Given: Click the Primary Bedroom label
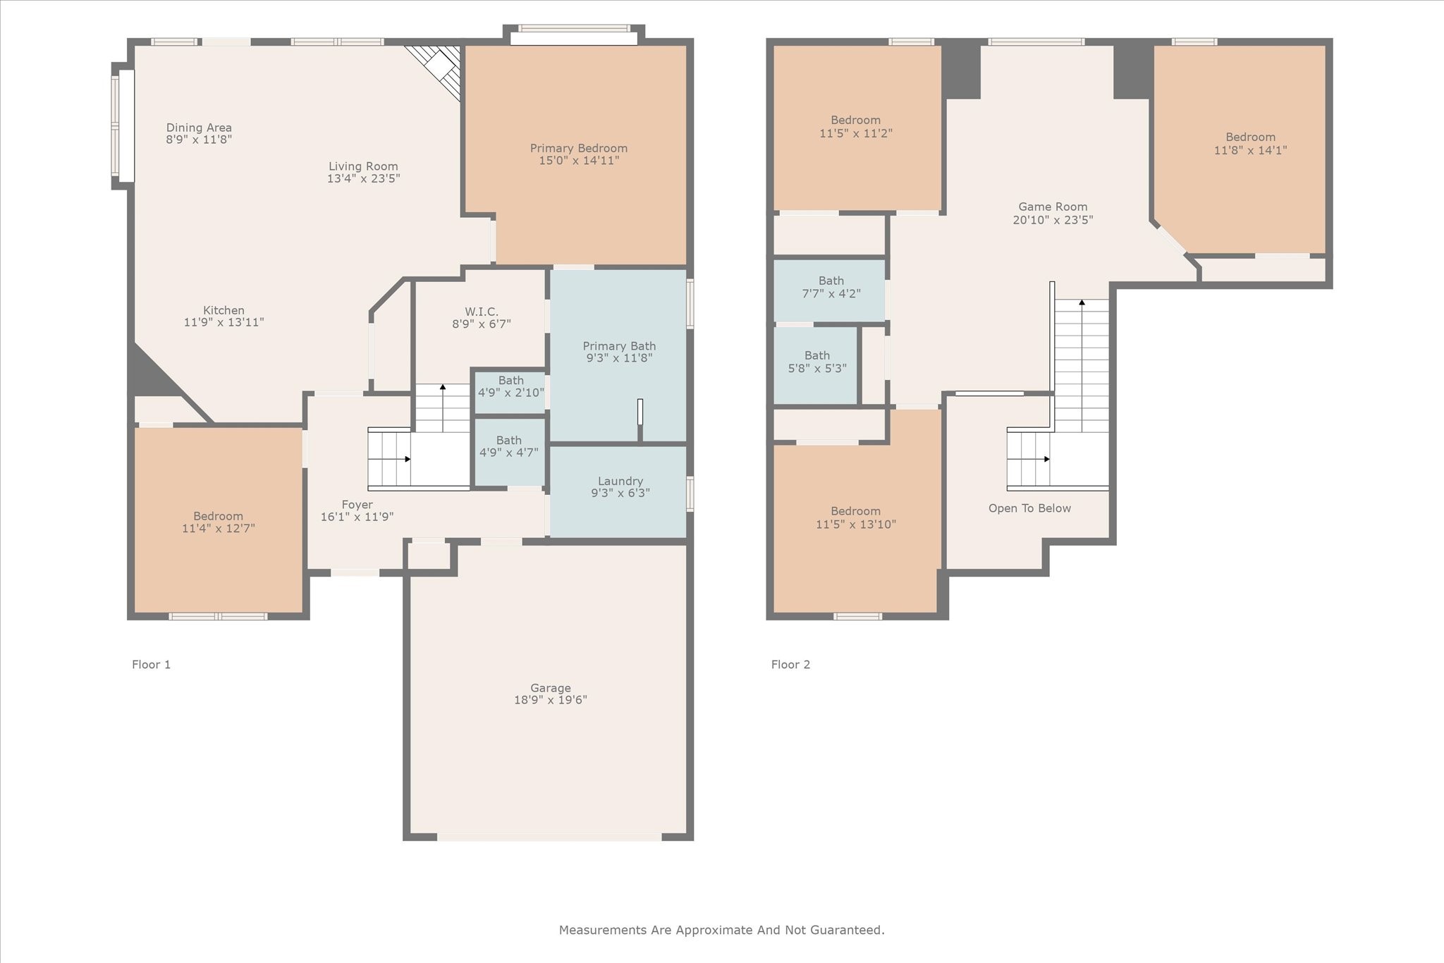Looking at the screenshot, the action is (x=579, y=148).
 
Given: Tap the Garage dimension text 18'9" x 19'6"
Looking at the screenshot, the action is (x=551, y=700).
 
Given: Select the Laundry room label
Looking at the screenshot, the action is (x=620, y=481).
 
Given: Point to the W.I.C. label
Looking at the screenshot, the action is (x=482, y=312).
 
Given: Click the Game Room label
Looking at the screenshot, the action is (x=1053, y=207).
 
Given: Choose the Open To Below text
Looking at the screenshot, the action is (x=1029, y=508).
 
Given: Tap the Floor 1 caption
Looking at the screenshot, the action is (x=152, y=664).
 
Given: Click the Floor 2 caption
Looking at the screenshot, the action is (x=791, y=664).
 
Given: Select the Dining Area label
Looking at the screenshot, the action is (x=199, y=128).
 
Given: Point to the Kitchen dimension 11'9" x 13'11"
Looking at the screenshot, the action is (x=224, y=322).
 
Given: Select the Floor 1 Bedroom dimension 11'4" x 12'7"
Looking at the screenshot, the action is (x=219, y=528).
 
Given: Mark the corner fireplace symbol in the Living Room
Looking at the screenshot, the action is (x=439, y=69).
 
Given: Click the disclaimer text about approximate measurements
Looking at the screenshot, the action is (x=722, y=930).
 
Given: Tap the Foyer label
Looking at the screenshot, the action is (x=357, y=505).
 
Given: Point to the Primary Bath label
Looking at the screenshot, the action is (x=620, y=346).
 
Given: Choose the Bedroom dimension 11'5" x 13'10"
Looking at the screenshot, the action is (x=856, y=525).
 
